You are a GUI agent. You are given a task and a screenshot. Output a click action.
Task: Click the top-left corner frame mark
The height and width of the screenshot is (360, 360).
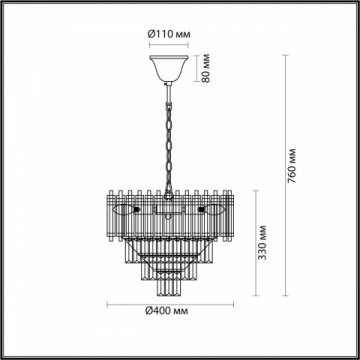pos(5,5)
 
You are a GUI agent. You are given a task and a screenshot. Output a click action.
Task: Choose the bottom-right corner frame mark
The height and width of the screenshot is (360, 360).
pos(354,354)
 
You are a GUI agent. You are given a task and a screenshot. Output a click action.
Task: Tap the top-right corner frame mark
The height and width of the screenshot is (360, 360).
pos(354,5)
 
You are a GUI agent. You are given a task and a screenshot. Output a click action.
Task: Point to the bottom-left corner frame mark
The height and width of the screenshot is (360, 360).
pos(5,354)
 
